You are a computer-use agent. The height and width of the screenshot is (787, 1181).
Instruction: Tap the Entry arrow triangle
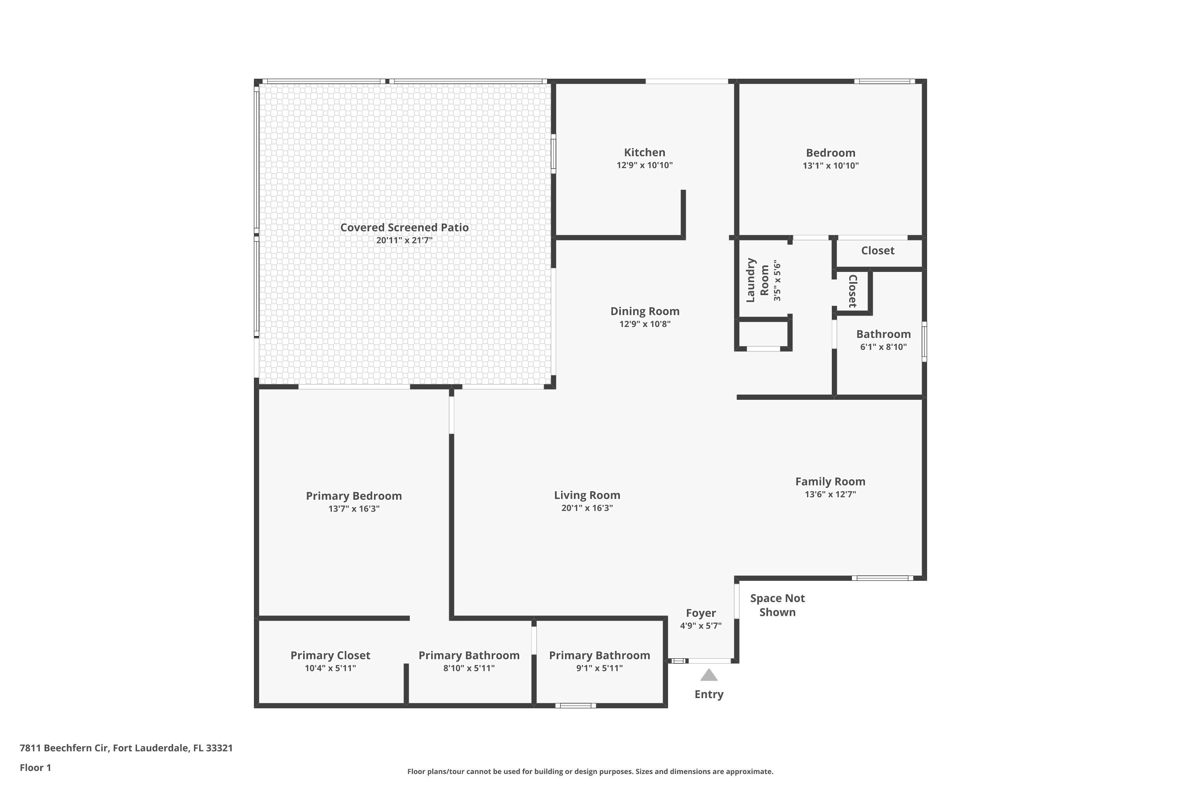pos(709,675)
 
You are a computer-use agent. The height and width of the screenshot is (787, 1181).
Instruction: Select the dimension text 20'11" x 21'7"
pos(404,240)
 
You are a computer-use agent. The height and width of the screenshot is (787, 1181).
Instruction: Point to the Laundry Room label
pos(757,280)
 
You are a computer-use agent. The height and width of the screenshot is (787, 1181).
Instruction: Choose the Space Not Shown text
pos(777,605)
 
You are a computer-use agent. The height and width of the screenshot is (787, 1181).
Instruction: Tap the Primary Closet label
pos(330,656)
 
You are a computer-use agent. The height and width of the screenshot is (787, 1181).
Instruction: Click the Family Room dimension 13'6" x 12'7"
pos(830,494)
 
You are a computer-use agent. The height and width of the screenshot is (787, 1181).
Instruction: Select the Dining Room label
pos(645,311)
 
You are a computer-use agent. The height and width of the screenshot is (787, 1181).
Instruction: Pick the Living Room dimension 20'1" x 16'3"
pos(587,508)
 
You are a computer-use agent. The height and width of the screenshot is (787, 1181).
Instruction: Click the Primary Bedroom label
pos(354,496)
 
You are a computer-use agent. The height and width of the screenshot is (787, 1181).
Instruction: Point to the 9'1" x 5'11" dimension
pos(599,668)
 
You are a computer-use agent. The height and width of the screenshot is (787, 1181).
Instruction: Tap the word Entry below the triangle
pos(709,695)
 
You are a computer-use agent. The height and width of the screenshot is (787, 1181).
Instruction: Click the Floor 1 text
pos(35,767)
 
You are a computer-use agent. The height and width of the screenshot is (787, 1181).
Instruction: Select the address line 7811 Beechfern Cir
pos(126,748)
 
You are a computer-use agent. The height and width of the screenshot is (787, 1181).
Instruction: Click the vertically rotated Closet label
pos(852,291)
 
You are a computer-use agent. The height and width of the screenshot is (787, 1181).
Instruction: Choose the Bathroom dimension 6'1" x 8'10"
pos(883,347)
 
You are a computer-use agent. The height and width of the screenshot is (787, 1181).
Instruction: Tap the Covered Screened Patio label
pos(404,227)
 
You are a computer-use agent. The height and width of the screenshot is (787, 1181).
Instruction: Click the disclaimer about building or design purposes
pos(590,771)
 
